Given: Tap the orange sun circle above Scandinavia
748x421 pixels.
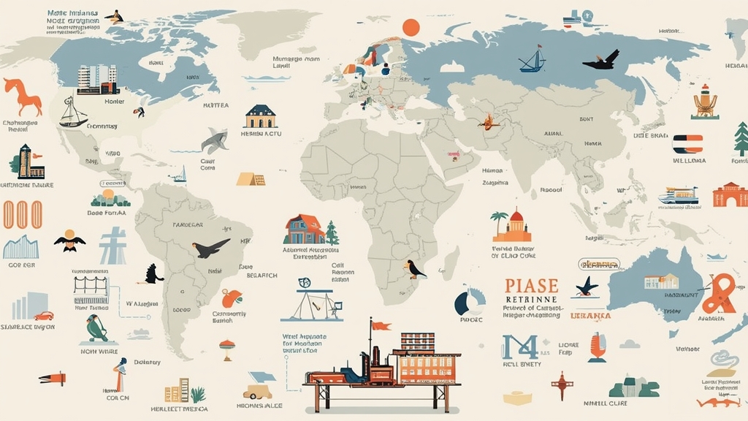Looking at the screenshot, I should [411, 28].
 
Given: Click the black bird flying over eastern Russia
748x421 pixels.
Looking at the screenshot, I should [602, 61].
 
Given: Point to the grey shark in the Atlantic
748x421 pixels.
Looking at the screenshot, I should [215, 140].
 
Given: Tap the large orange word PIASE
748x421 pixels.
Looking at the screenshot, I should [531, 286].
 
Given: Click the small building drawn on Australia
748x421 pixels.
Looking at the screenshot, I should [661, 281].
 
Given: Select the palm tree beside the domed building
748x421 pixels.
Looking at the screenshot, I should [500, 222].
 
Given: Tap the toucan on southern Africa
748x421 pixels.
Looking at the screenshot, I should [415, 270].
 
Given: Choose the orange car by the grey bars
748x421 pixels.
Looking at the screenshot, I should [44, 316].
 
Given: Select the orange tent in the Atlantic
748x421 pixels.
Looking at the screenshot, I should [250, 178].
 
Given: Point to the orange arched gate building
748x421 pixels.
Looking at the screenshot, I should [730, 194].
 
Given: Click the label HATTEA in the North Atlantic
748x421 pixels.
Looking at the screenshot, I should [215, 105].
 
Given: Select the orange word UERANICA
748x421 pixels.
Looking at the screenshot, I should [590, 316].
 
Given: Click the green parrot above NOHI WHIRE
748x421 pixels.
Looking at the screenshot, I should [96, 328].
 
